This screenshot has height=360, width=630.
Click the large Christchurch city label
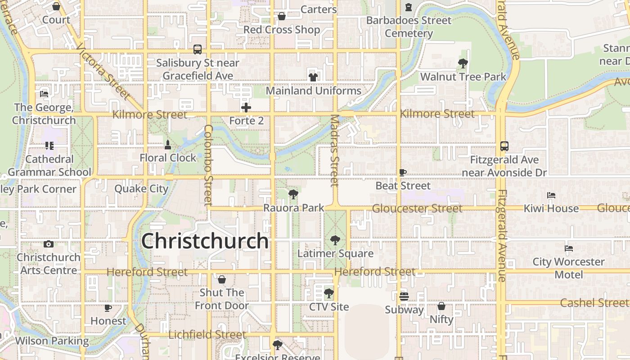pyautogui.click(x=205, y=241)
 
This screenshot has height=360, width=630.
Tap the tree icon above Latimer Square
pyautogui.click(x=335, y=240)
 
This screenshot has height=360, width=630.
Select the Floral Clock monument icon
pyautogui.click(x=168, y=145)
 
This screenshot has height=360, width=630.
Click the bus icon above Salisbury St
pyautogui.click(x=198, y=49)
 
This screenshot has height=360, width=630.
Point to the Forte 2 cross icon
pyautogui.click(x=246, y=108)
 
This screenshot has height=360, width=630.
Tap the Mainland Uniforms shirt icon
pyautogui.click(x=313, y=77)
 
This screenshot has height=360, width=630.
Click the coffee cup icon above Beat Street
pyautogui.click(x=403, y=172)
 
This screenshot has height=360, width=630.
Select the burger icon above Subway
pyautogui.click(x=404, y=297)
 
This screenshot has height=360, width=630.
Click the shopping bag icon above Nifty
pyautogui.click(x=441, y=306)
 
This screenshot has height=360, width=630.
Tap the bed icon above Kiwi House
pyautogui.click(x=551, y=195)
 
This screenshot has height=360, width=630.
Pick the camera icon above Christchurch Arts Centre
pyautogui.click(x=49, y=244)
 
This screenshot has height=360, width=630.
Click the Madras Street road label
pyautogui.click(x=334, y=150)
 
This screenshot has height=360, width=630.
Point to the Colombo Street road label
pyautogui.click(x=208, y=165)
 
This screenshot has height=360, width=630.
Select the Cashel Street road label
pyautogui.click(x=594, y=303)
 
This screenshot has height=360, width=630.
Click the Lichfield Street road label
pyautogui.click(x=207, y=335)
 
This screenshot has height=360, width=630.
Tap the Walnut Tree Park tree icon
pyautogui.click(x=463, y=63)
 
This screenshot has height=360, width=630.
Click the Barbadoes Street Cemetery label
pyautogui.click(x=409, y=27)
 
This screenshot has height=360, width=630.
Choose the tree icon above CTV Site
pyautogui.click(x=329, y=294)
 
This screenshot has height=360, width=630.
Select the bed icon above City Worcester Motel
pyautogui.click(x=569, y=248)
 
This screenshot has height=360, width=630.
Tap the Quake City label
pyautogui.click(x=141, y=189)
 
